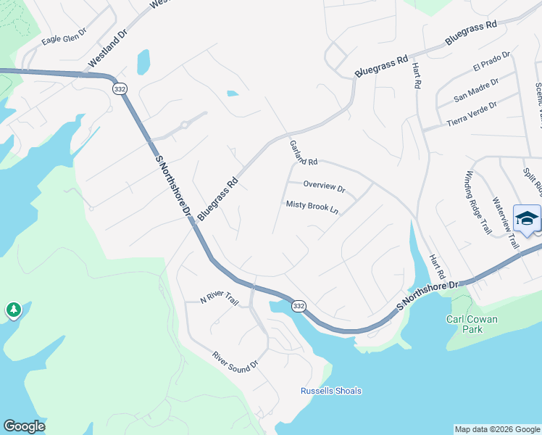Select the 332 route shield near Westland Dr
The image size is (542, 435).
[120, 88]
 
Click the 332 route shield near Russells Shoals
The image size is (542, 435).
[299, 307]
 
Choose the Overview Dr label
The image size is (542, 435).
[324, 187]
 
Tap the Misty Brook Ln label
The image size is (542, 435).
[312, 207]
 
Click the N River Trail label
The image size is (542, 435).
[220, 299]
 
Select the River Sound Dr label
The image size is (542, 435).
[235, 361]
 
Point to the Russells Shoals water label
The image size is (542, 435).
[330, 391]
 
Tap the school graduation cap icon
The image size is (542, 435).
[527, 218]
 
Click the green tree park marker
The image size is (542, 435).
[13, 310]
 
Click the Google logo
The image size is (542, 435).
[25, 426]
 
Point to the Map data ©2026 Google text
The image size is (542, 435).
[497, 429]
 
